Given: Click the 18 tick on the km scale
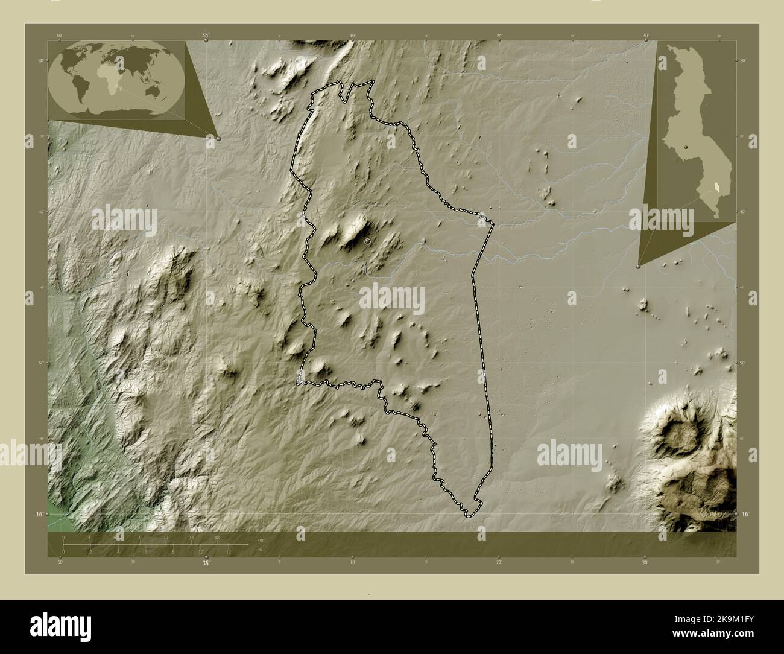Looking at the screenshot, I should point(217,537).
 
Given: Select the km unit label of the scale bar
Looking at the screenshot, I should point(260,540).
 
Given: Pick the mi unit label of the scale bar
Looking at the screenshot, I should point(260,550).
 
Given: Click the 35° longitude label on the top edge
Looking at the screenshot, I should point(206,36).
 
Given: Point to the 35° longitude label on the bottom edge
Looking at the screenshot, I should point(206,564).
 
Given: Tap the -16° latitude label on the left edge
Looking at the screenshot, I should point(38,514).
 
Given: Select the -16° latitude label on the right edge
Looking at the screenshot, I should point(745,514).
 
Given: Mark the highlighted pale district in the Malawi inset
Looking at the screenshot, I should point(716,188).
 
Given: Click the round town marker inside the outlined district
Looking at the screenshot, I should point(367,241).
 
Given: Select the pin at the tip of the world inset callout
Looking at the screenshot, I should point(218,138).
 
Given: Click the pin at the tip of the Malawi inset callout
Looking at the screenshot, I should point(638,265).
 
